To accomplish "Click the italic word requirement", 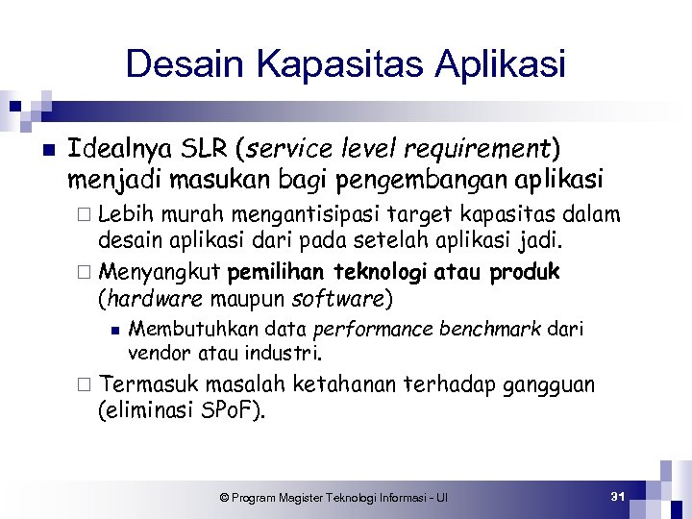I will point(475,151).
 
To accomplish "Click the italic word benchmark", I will point(492,330).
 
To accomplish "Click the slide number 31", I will point(618,496).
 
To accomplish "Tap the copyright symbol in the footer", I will point(224,498).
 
